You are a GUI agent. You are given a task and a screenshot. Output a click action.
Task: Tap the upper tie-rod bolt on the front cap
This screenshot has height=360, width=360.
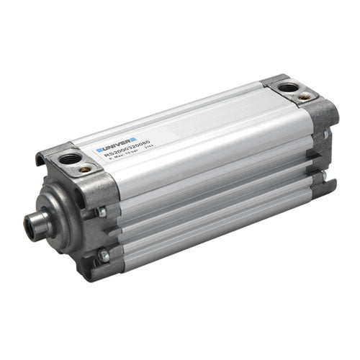[x=104, y=211]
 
